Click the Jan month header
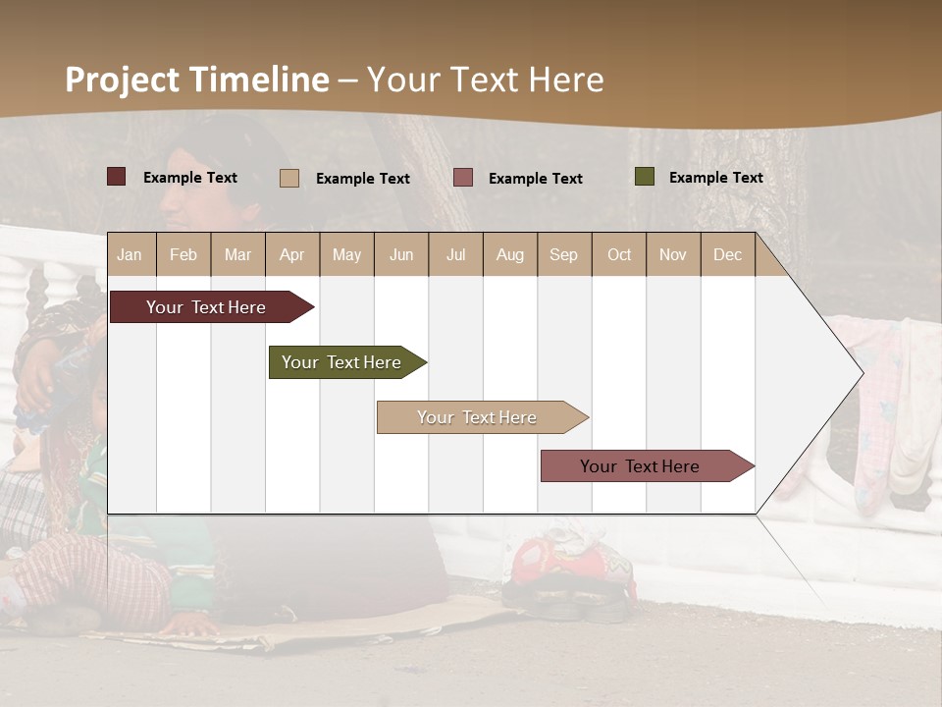click(x=131, y=254)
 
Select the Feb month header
click(x=183, y=254)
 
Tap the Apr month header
click(x=292, y=254)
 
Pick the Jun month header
click(x=401, y=254)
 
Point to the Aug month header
click(x=510, y=254)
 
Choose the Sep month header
click(x=564, y=254)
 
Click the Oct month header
click(x=619, y=254)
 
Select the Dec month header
click(x=728, y=254)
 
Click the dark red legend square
click(x=117, y=177)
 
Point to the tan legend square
click(x=289, y=178)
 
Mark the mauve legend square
click(x=463, y=177)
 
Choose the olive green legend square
click(x=644, y=177)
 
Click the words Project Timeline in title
click(x=197, y=80)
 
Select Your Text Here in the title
click(x=485, y=80)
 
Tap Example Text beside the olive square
click(x=715, y=178)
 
